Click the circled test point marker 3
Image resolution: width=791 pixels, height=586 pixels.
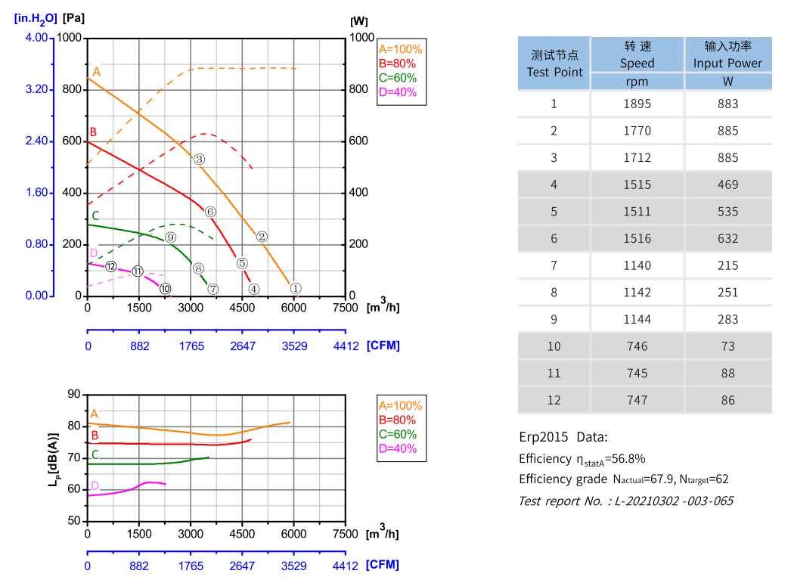199,159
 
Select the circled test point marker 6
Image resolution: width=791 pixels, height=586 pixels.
210,212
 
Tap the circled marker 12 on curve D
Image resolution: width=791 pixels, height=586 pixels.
111,266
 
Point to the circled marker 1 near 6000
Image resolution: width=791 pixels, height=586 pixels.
296,288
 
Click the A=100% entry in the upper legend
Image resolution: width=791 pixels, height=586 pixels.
400,48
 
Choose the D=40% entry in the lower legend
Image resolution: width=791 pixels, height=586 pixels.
397,448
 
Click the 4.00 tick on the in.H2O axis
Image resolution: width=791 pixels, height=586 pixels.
36,38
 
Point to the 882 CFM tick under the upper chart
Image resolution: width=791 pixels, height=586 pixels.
139,346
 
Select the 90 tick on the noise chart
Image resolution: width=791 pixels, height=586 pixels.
73,394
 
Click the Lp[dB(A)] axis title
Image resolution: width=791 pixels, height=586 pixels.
54,459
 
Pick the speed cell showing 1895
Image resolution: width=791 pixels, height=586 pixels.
637,104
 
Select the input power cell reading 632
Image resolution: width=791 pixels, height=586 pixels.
727,238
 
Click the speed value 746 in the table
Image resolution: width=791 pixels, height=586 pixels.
637,346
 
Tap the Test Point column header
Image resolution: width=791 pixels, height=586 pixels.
554,64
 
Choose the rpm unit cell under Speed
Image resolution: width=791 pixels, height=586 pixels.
637,82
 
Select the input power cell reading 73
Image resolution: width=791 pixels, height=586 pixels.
727,346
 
